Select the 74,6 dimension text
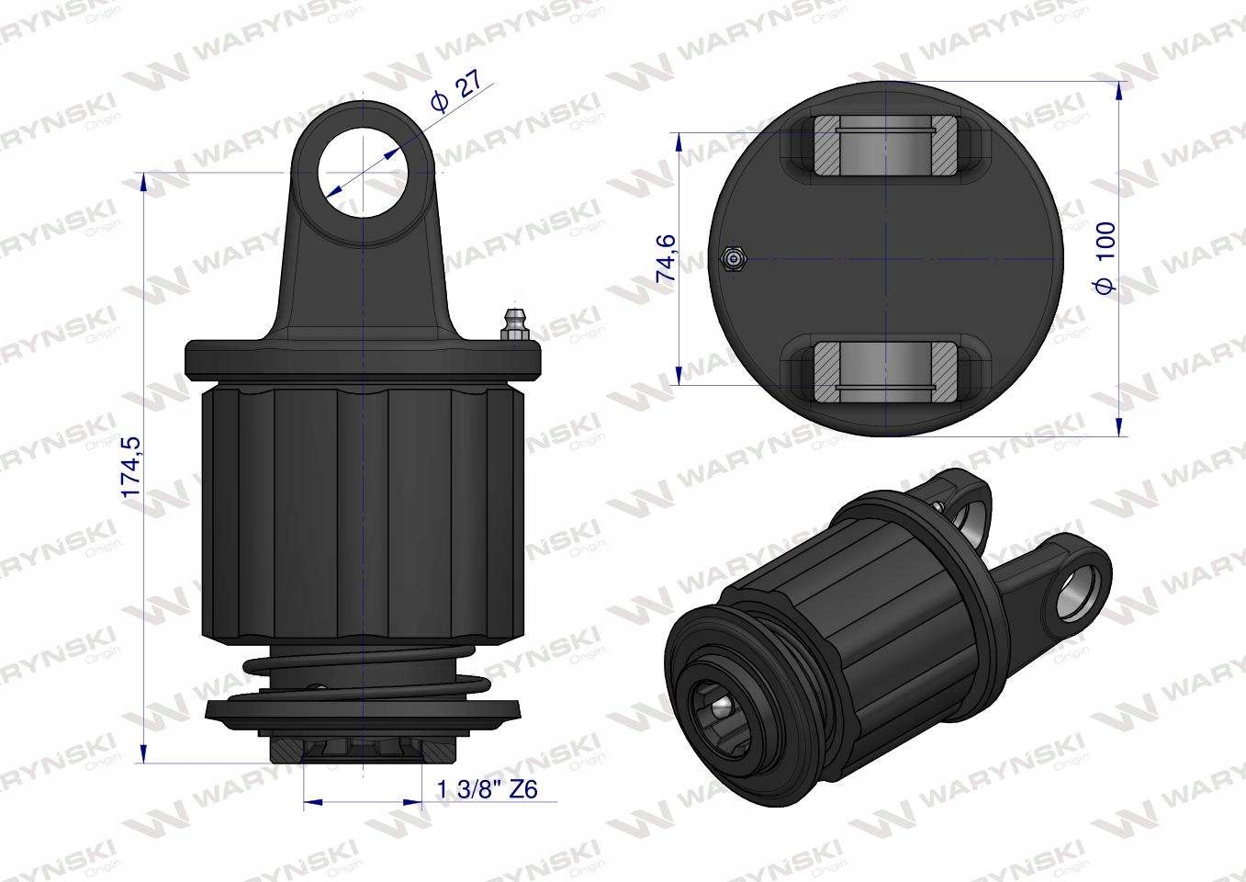[666, 257]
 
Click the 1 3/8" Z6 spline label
[488, 789]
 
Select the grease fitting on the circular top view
[734, 259]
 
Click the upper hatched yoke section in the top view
[884, 147]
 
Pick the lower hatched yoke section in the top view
[884, 372]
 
